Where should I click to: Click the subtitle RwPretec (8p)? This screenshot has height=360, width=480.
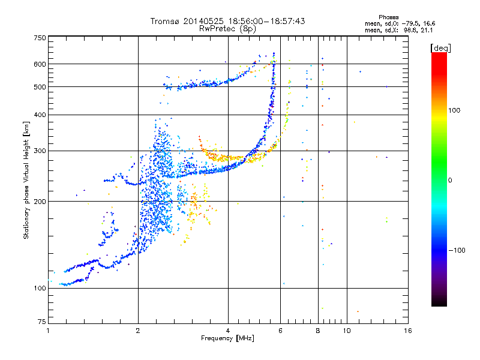coord(227,29)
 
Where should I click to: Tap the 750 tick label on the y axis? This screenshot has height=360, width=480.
coord(40,38)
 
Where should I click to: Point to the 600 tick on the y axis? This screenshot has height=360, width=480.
coord(40,64)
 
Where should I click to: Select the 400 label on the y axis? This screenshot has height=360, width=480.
coord(40,115)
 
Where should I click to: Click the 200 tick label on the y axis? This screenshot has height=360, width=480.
coord(40,202)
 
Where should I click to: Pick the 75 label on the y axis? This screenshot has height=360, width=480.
coord(42,322)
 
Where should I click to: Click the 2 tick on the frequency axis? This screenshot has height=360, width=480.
coord(138,331)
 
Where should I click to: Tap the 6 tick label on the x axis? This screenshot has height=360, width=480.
coord(280,331)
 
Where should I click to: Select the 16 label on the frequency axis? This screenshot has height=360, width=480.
coord(408,331)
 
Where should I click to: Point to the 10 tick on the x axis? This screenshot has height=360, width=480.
coord(347,331)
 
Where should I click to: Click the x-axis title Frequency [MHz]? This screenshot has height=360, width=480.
coord(227,338)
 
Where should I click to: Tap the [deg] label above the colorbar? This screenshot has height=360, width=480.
coord(440,49)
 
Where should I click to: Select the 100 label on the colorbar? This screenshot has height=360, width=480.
coord(454,110)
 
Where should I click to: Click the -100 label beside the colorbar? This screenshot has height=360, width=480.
coord(457,250)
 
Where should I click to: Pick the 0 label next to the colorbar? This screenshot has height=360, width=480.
coord(450,181)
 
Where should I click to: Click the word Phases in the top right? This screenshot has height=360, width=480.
coord(388,17)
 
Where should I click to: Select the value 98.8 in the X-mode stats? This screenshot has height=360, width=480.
coord(412,30)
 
